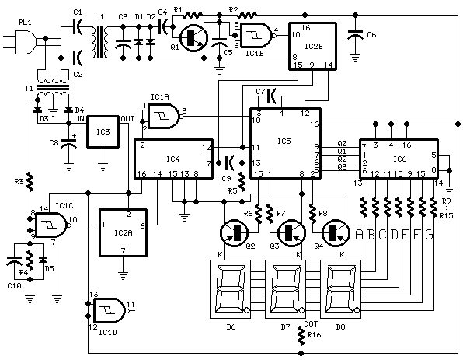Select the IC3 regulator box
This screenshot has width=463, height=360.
pos(103,134)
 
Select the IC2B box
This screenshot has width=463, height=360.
pos(314,46)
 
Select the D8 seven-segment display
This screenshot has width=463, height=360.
pos(342,288)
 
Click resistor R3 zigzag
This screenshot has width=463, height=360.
pos(30,182)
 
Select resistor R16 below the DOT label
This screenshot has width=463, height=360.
pos(301,336)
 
